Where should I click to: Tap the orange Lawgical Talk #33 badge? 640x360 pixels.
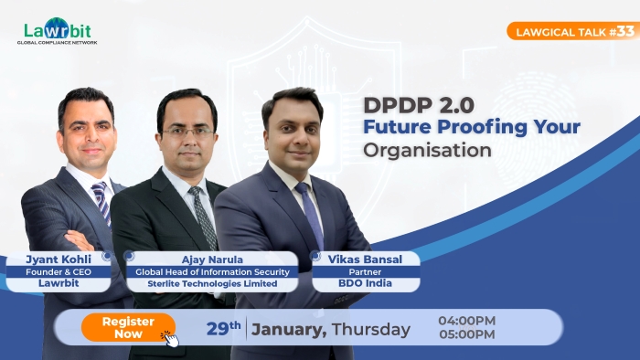coord(571,31)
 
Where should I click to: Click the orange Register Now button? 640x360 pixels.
coord(127,327)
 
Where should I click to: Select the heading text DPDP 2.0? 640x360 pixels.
coord(417,104)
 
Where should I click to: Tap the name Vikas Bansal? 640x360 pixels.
coord(366,259)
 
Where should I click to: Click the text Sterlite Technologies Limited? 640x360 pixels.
coord(213,284)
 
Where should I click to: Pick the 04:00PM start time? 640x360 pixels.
coord(466,321)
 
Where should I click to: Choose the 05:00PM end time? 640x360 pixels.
coord(466,334)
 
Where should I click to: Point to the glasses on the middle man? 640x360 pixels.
coord(187,132)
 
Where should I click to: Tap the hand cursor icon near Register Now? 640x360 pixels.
coord(171,338)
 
